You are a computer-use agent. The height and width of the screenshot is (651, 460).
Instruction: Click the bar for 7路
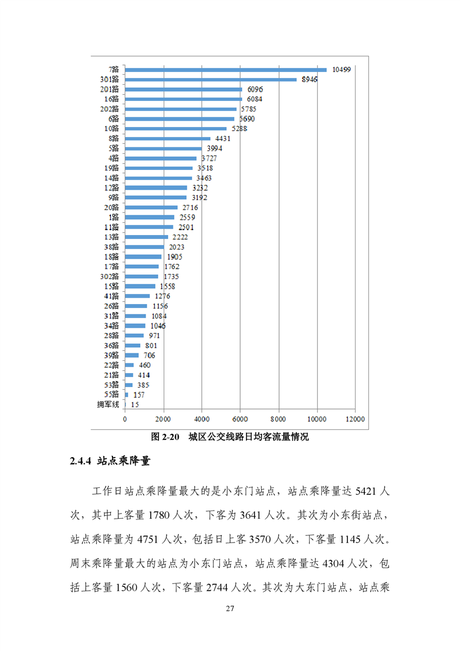(226, 70)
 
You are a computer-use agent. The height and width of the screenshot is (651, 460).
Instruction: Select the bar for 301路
(211, 79)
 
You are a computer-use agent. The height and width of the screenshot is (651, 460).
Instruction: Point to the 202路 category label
(110, 109)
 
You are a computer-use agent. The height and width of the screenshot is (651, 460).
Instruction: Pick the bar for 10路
(176, 129)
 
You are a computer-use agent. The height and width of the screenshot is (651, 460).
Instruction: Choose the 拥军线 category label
(108, 404)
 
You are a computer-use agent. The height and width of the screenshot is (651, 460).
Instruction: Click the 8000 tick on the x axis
(278, 418)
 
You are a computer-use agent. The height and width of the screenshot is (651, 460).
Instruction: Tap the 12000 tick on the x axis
(355, 418)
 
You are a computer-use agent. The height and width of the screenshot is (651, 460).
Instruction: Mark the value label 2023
(176, 247)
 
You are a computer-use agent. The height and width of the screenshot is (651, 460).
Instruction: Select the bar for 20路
(151, 208)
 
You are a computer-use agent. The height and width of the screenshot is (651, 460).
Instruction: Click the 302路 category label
(110, 277)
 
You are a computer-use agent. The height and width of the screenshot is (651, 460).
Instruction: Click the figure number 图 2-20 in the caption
(166, 437)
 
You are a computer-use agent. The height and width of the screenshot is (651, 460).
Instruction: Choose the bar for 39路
(132, 355)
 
